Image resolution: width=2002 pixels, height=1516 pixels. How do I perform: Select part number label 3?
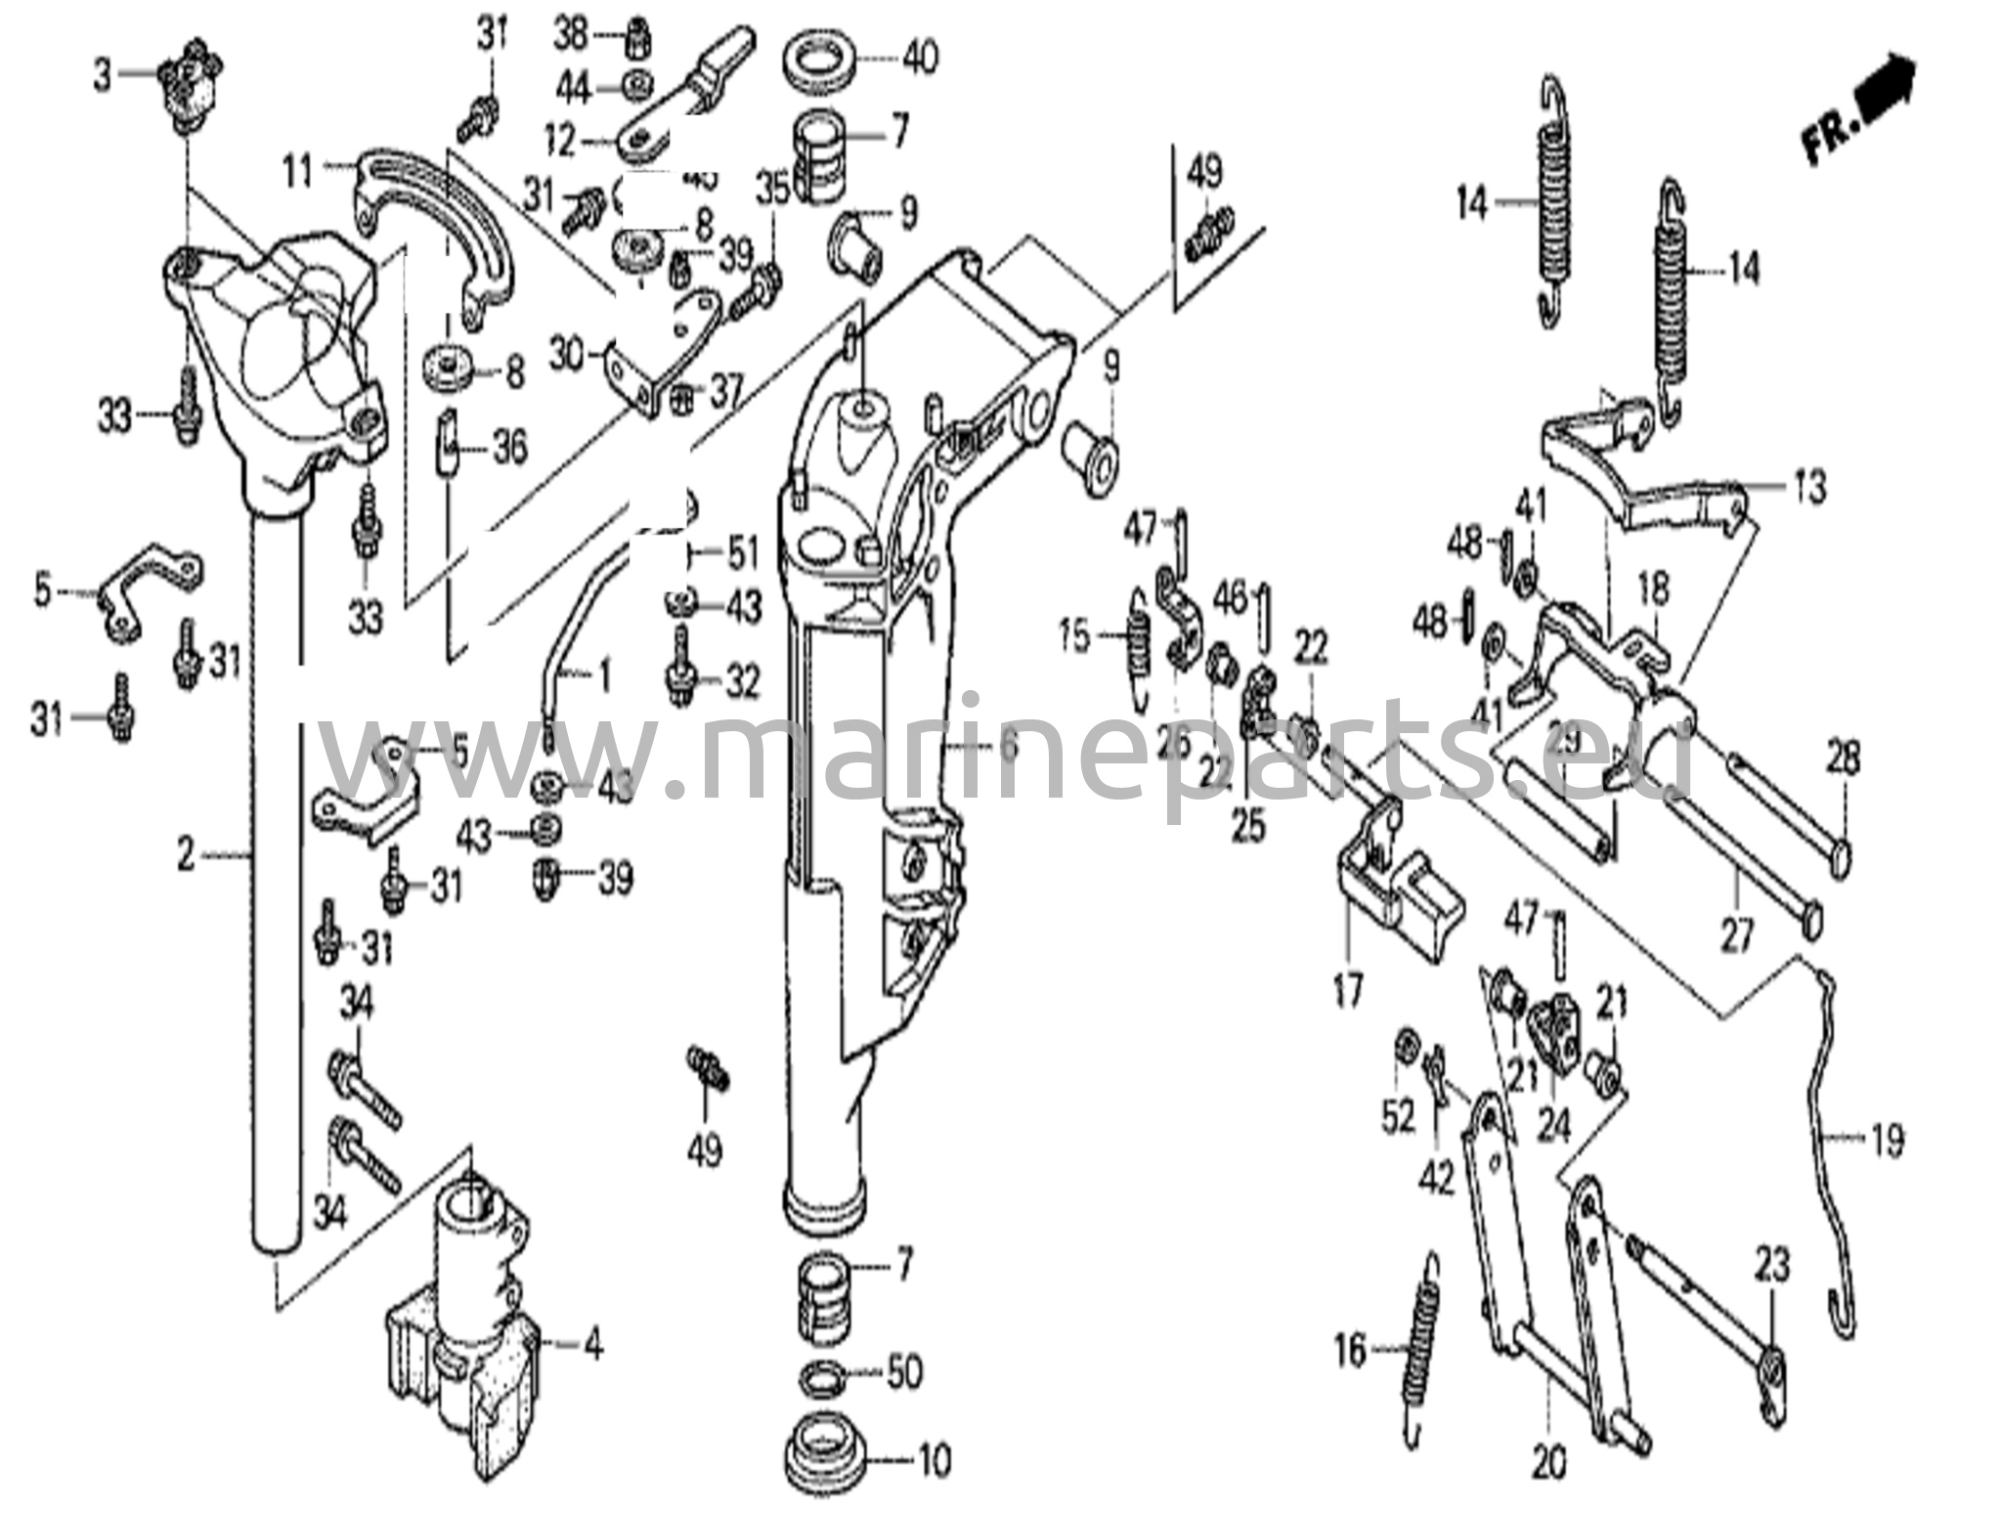[103, 75]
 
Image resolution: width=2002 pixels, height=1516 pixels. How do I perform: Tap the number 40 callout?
[919, 57]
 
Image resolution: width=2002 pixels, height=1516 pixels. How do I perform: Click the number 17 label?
[1347, 994]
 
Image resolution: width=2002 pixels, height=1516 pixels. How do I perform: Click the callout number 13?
[1810, 486]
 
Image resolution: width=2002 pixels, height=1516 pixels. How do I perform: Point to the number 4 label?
[591, 1346]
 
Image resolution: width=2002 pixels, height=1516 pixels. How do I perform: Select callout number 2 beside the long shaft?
[186, 856]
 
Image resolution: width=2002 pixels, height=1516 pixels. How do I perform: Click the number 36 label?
[508, 449]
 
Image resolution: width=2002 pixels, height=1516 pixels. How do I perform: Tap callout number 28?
[1843, 759]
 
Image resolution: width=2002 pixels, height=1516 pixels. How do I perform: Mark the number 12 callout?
[560, 143]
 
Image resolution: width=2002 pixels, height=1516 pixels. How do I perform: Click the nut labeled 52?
[1404, 1044]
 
